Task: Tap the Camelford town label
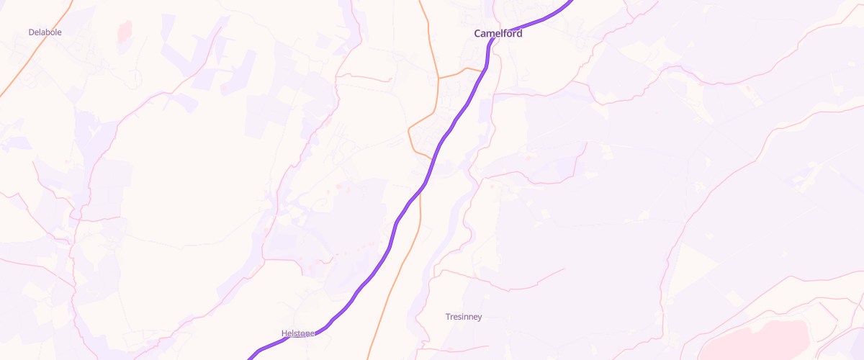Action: [x=498, y=34]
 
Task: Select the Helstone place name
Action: [x=297, y=333]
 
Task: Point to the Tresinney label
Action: [x=464, y=317]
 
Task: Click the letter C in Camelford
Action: [x=478, y=34]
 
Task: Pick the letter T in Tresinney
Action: [x=448, y=317]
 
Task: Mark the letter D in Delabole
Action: [x=31, y=32]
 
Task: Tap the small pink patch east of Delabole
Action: [x=125, y=31]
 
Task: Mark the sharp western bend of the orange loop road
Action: [x=409, y=130]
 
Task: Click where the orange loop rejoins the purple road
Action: [x=433, y=159]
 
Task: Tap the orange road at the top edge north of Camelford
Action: [x=420, y=3]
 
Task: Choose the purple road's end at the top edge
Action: [x=572, y=2]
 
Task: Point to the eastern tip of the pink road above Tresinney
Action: [x=564, y=269]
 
